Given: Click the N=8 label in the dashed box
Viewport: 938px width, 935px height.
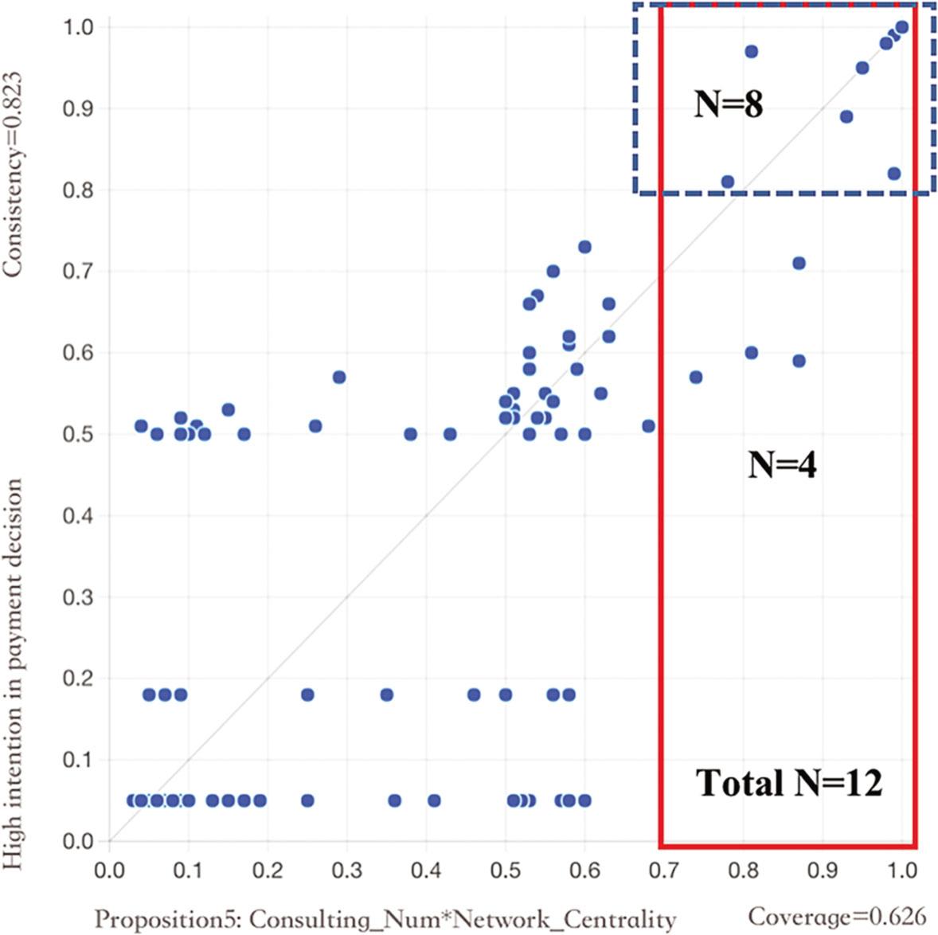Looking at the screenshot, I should click(728, 105).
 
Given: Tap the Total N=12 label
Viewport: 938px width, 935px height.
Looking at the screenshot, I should click(789, 784).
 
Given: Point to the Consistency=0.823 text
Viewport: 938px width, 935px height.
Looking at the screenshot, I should click(13, 175).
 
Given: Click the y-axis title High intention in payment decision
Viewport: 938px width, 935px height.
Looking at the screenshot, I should click(13, 673).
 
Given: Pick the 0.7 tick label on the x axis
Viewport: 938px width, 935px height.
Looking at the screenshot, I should click(663, 869).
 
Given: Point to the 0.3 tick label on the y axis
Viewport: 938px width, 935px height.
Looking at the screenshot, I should click(78, 597).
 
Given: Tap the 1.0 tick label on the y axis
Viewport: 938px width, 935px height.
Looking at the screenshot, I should click(78, 27).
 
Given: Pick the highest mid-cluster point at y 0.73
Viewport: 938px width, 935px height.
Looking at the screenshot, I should click(584, 247).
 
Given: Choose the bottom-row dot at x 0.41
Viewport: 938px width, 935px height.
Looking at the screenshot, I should click(434, 800).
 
